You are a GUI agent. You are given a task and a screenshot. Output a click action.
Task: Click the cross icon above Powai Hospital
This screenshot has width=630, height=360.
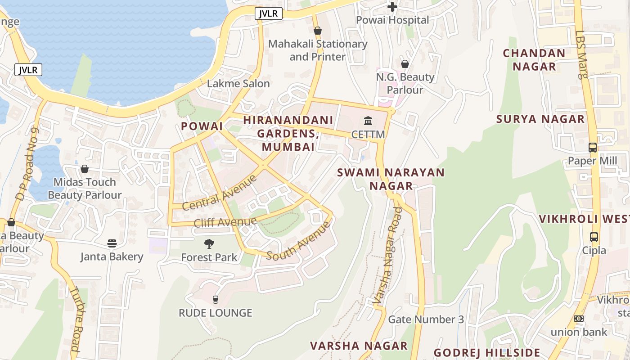click(392, 7)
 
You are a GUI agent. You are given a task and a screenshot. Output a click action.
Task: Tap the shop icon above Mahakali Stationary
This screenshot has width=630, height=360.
click(318, 31)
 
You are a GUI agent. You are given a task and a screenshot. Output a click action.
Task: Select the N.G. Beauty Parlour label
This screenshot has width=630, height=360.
click(405, 83)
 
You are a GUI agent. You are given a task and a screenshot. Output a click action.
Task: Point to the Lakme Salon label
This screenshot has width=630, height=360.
click(238, 83)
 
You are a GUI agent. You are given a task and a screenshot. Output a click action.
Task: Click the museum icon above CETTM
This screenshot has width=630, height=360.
click(368, 121)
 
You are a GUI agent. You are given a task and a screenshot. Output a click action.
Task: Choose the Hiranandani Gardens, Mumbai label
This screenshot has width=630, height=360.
click(288, 134)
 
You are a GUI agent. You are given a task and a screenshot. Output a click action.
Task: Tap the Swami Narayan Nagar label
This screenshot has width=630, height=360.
click(391, 179)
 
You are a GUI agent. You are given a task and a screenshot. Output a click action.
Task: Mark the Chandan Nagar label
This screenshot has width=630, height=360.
click(534, 59)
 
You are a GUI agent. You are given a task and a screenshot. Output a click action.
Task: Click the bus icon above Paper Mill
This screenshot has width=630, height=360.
click(593, 148)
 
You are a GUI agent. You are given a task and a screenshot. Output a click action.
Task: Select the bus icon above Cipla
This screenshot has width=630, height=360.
click(594, 237)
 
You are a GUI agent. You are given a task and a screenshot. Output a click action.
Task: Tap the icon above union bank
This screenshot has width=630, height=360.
click(579, 319)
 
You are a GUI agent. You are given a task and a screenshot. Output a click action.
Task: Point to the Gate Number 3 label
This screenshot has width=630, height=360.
click(426, 319)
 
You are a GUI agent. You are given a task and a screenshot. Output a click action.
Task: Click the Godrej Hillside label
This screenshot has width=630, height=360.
click(486, 352)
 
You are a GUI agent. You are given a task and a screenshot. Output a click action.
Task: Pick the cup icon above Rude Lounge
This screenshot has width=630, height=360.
click(216, 299)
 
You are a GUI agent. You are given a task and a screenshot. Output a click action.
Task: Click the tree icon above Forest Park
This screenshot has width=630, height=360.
click(209, 244)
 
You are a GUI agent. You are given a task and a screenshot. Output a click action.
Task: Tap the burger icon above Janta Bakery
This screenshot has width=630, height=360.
click(112, 243)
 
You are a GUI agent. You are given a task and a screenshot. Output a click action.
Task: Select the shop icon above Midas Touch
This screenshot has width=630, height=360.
click(85, 169)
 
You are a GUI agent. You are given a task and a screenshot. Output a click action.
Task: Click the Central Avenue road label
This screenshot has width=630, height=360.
click(220, 193)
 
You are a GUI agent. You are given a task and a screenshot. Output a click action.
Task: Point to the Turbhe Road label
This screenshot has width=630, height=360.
click(75, 319)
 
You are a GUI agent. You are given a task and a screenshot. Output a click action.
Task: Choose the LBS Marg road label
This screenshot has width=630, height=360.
click(581, 54)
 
